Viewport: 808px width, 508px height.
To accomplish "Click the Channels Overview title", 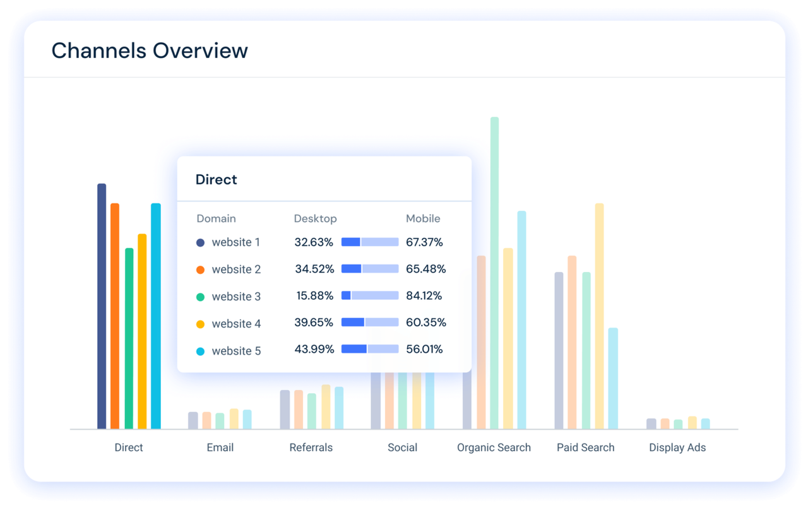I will click(x=150, y=50).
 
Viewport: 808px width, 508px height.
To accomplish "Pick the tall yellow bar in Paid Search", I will click(x=599, y=316).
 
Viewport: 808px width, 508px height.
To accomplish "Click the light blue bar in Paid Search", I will click(x=613, y=379).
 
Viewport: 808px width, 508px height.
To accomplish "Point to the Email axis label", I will click(x=220, y=447).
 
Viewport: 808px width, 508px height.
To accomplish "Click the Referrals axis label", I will click(x=311, y=447).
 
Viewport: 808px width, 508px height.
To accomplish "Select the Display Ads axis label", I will click(x=677, y=447).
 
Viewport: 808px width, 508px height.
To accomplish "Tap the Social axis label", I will click(x=402, y=447).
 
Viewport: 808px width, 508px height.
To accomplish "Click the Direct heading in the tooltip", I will click(x=216, y=180).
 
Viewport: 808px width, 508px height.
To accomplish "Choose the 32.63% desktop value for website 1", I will click(x=314, y=242).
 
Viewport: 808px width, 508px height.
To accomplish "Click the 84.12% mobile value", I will click(x=424, y=295).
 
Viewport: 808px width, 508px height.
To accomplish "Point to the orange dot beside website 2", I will click(x=201, y=269).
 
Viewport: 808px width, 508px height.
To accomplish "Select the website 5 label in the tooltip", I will click(x=236, y=351).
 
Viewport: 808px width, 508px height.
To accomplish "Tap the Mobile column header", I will click(x=423, y=218).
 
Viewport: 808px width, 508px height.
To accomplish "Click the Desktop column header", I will click(x=315, y=218).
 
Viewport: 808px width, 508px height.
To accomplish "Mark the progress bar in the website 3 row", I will click(x=370, y=295).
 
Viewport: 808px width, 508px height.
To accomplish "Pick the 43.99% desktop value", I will click(x=314, y=349).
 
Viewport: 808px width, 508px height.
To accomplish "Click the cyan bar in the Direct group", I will click(x=156, y=316).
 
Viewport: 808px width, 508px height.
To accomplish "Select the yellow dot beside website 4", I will click(x=201, y=324).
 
